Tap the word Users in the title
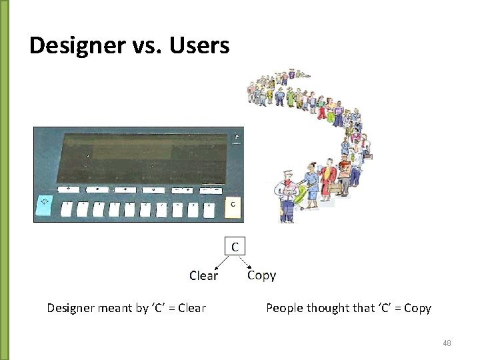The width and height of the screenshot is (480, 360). pyautogui.click(x=199, y=46)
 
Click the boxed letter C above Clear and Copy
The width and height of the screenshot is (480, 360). pyautogui.click(x=235, y=247)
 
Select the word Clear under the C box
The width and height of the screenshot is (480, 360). pyautogui.click(x=203, y=275)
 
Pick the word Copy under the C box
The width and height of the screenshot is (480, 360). pyautogui.click(x=261, y=275)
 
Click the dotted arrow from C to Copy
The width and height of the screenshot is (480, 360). pyautogui.click(x=249, y=261)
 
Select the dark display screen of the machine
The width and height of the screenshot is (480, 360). pyautogui.click(x=143, y=154)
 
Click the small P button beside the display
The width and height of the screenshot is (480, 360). pyautogui.click(x=237, y=137)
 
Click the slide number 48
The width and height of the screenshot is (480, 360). pyautogui.click(x=447, y=343)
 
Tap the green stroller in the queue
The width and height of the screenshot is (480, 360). pyautogui.click(x=301, y=197)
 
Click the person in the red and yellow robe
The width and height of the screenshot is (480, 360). pyautogui.click(x=328, y=179)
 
